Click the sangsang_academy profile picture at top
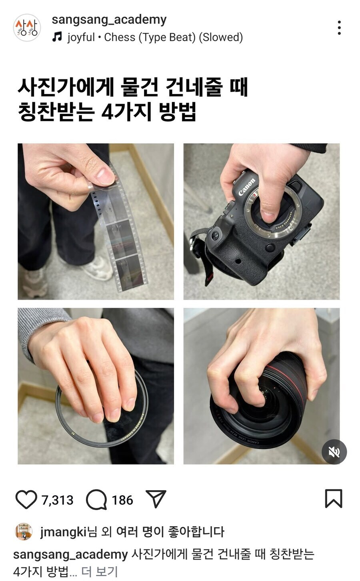coord(27,28)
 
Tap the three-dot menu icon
coord(339,28)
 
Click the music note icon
coord(58,37)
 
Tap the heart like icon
coord(26,499)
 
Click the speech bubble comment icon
coord(96,499)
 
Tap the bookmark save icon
coord(333,499)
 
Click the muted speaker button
coord(334,452)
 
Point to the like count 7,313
coord(58,500)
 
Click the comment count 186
coord(122,500)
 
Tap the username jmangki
coord(63,532)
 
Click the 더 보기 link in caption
coord(99,571)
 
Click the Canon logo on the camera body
coord(246,187)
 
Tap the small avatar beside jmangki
coord(24,532)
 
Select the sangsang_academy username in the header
coord(109,19)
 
